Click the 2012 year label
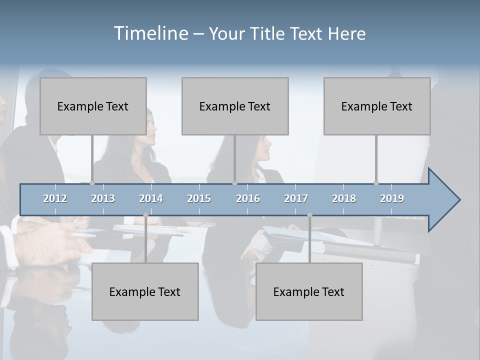pos(55,198)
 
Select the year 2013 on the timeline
pos(103,198)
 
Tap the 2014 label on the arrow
pos(151,198)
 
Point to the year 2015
pos(199,198)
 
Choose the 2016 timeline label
pos(248,198)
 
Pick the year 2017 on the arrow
pos(296,198)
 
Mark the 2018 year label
pos(344,198)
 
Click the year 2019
pos(392,198)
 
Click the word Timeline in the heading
pos(150,33)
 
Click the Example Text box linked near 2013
pos(93,106)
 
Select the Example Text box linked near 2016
pos(235,106)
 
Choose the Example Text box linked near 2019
pos(377,106)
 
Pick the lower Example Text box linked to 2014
pos(145,291)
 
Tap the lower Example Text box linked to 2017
pos(309,291)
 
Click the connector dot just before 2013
pos(92,183)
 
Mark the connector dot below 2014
pos(145,215)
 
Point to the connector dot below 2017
pos(309,215)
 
